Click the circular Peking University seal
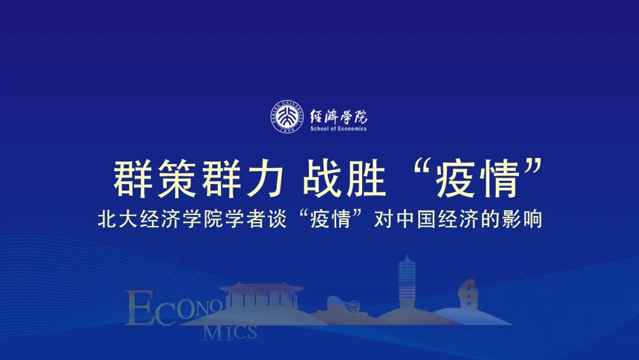coord(288,117)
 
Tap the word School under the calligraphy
coord(319,129)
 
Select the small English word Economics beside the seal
coord(352,129)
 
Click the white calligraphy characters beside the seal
coord(338,117)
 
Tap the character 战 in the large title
coord(321,179)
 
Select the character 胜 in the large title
coord(366,179)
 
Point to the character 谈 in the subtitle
coord(277,219)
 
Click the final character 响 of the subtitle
coord(532,219)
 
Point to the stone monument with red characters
coord(469,294)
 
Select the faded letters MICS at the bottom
coord(230,333)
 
